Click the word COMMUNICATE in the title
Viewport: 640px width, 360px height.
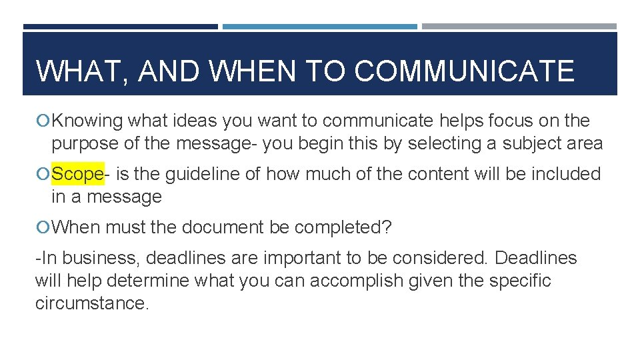coord(464,71)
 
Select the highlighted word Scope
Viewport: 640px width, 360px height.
coord(77,174)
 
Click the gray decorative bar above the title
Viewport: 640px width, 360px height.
coord(519,27)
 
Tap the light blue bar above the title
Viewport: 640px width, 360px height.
coord(320,27)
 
